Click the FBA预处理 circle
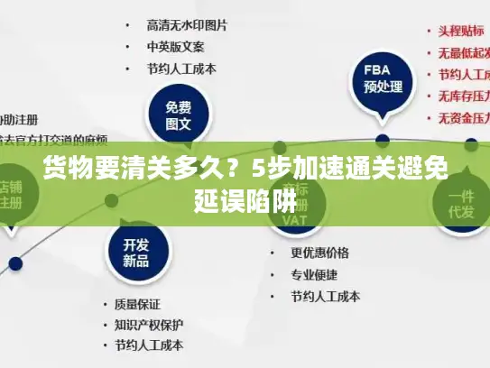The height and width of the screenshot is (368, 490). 382,78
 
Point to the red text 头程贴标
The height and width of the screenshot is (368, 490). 461,30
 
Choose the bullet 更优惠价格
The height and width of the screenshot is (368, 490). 319,253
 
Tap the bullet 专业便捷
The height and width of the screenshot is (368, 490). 314,274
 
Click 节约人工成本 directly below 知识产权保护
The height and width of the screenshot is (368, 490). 148,345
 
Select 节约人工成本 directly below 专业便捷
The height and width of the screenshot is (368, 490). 325,296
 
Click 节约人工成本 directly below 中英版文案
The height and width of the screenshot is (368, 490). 180,68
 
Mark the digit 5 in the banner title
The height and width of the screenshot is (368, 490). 260,169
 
